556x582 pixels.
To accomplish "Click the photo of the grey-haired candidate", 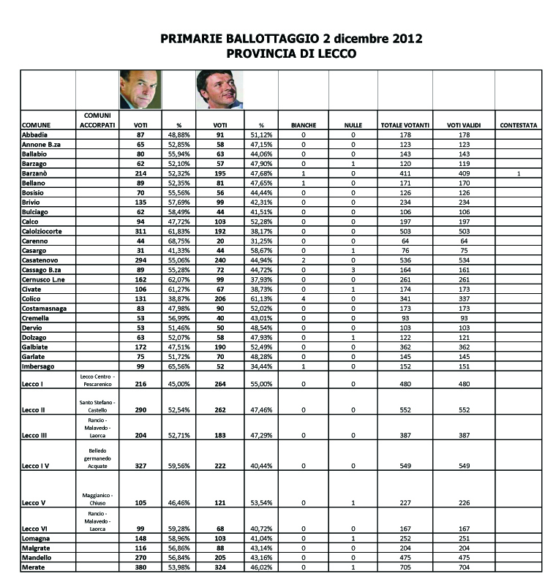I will point(139,90).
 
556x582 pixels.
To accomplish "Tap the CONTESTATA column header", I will point(519,126).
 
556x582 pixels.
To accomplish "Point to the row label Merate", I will point(34,567).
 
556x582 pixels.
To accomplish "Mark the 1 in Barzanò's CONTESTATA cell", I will point(518,173).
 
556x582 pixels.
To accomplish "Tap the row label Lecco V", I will point(35,504).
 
